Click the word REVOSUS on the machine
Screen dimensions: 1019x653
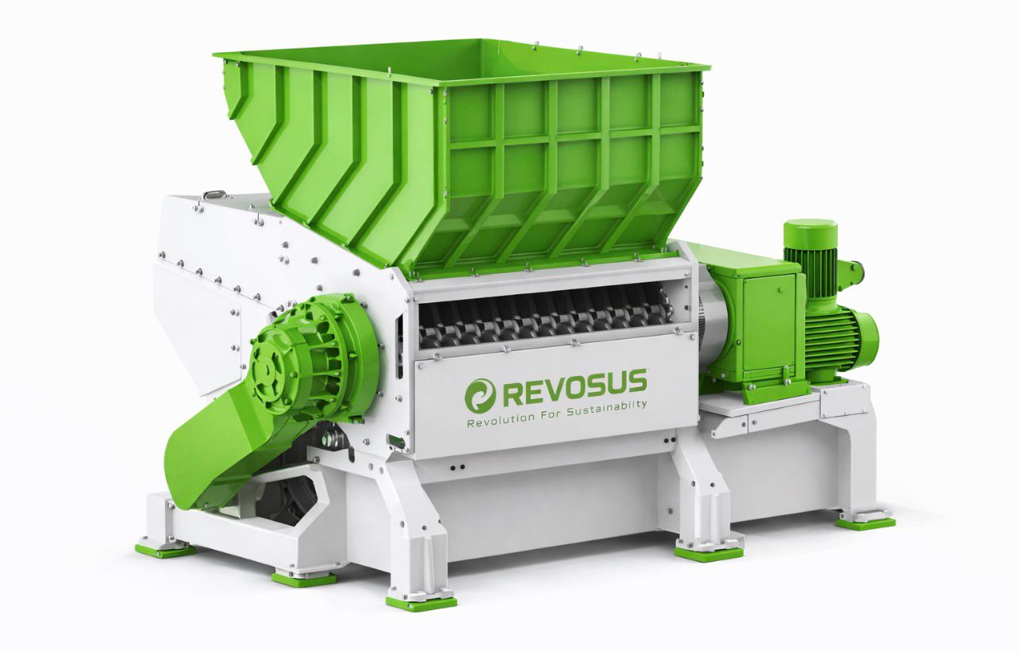575,388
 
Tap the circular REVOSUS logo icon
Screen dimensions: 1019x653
480,395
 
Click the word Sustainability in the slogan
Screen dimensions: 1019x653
606,409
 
